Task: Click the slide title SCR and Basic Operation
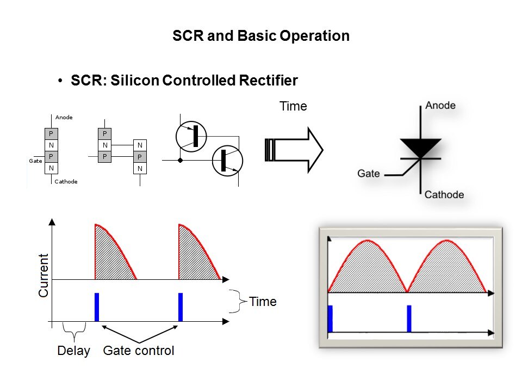pos(260,36)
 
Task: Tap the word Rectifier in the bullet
pos(268,81)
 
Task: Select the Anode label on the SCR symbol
pos(440,106)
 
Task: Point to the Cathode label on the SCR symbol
pos(444,195)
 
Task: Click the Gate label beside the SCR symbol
pos(369,174)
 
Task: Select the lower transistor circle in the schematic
pos(227,161)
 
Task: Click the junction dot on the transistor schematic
pos(181,161)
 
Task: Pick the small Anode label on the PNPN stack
pos(64,118)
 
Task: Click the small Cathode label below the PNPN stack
pos(66,182)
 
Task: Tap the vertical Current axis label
pos(43,275)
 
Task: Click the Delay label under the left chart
pos(74,351)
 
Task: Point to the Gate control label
pos(139,351)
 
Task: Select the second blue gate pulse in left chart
pos(181,307)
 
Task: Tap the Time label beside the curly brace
pos(263,302)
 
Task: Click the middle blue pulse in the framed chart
pos(409,318)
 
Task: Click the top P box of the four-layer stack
pos(51,133)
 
